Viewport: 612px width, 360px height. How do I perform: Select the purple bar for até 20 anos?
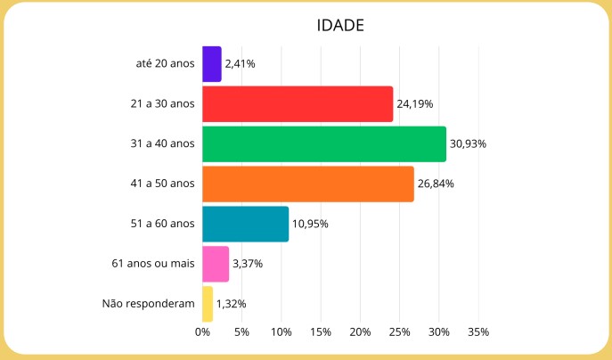pyautogui.click(x=212, y=64)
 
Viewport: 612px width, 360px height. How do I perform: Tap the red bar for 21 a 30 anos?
pyautogui.click(x=298, y=104)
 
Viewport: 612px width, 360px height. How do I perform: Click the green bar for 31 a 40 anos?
pyautogui.click(x=324, y=144)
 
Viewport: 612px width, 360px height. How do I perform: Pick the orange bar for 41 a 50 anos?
pyautogui.click(x=308, y=184)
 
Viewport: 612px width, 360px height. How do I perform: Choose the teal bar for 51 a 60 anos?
pyautogui.click(x=246, y=224)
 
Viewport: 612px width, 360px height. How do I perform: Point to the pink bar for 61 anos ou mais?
pyautogui.click(x=216, y=264)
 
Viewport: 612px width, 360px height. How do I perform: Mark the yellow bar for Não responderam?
pyautogui.click(x=208, y=304)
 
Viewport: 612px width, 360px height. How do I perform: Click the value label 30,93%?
pyautogui.click(x=469, y=144)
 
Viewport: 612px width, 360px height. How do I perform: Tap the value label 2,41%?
pyautogui.click(x=241, y=64)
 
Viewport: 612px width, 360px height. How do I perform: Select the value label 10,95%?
pyautogui.click(x=311, y=224)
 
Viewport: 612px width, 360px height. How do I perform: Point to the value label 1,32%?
pyautogui.click(x=232, y=304)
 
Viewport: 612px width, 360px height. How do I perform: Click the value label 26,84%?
pyautogui.click(x=437, y=184)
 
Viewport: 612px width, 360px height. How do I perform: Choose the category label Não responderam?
pyautogui.click(x=149, y=304)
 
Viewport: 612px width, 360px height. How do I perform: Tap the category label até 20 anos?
pyautogui.click(x=165, y=64)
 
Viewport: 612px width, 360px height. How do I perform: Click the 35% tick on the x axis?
pyautogui.click(x=478, y=332)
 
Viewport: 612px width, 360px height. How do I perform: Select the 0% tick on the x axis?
pyautogui.click(x=203, y=332)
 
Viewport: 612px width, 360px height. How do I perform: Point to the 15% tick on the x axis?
pyautogui.click(x=321, y=332)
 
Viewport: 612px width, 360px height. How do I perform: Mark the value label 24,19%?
pyautogui.click(x=415, y=104)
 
